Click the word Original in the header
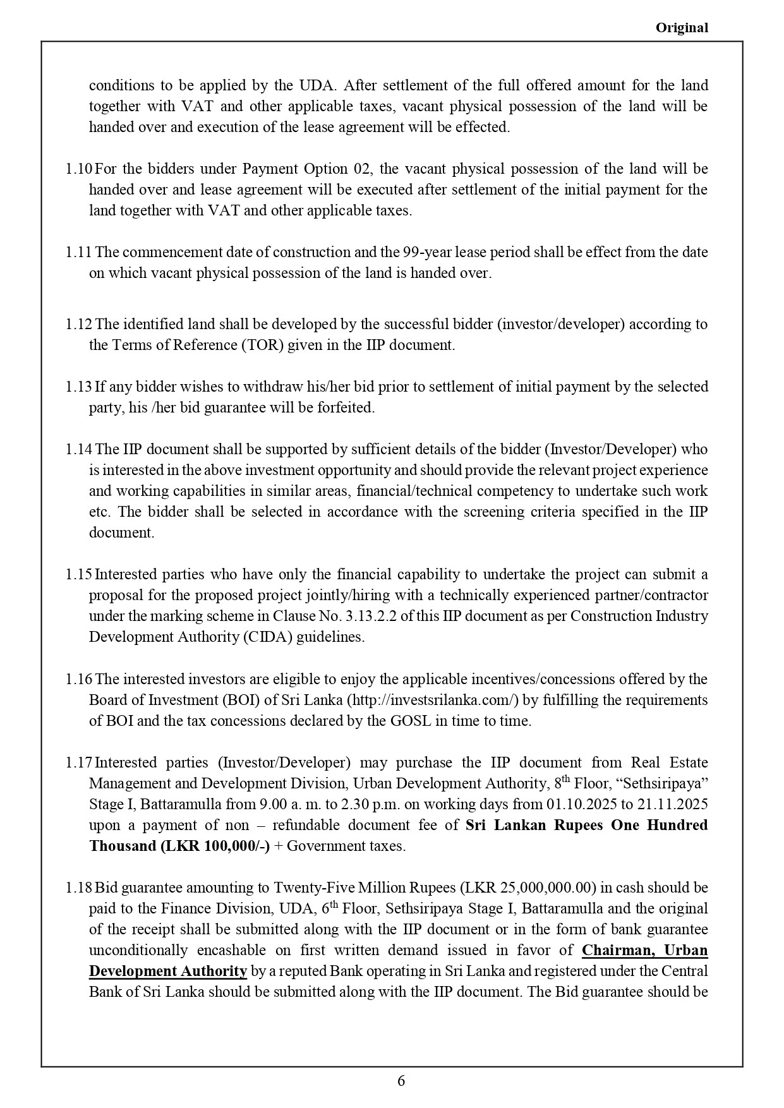(x=682, y=28)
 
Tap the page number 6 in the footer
(x=401, y=1081)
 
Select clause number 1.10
(x=79, y=169)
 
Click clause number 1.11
(x=79, y=252)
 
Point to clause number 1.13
(x=79, y=387)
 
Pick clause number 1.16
(x=79, y=679)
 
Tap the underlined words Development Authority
(x=167, y=971)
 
